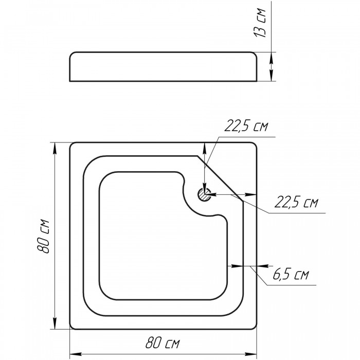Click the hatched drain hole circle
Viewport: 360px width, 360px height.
(x=204, y=194)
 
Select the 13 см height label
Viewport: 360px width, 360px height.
(x=260, y=23)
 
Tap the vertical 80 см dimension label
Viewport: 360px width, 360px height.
(x=43, y=237)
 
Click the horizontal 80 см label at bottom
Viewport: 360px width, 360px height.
(x=163, y=343)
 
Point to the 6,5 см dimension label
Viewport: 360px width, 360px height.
(x=291, y=274)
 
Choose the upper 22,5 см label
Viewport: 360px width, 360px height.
(x=246, y=126)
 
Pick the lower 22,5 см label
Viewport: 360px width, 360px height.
(x=296, y=202)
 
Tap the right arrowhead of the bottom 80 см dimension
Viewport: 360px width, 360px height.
(x=251, y=354)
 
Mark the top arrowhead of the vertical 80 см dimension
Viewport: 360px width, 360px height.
(x=55, y=148)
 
